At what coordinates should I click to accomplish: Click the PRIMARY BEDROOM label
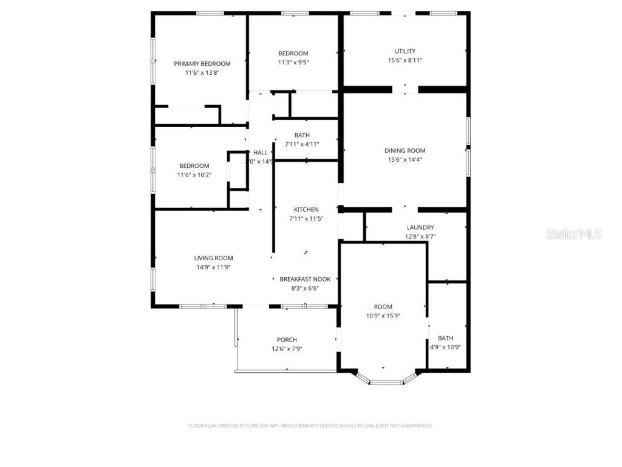click(x=202, y=64)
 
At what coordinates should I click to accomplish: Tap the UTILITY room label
click(x=405, y=51)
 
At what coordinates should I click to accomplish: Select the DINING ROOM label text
click(x=405, y=150)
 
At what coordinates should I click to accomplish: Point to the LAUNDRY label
click(x=420, y=227)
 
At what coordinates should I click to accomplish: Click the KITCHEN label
click(x=306, y=210)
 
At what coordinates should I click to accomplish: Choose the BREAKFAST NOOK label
click(x=305, y=279)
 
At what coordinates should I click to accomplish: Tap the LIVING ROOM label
click(x=213, y=258)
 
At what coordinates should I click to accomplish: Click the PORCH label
click(x=287, y=340)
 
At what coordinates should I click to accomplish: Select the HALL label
click(x=261, y=153)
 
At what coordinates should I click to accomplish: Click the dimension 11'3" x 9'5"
click(x=293, y=62)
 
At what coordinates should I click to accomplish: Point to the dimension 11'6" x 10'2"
click(x=194, y=175)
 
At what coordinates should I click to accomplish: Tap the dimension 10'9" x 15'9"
click(x=383, y=316)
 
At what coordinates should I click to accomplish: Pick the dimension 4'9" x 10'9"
click(x=445, y=347)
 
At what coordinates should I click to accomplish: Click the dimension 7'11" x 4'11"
click(x=302, y=144)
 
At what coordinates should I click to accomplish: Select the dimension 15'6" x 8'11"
click(x=405, y=60)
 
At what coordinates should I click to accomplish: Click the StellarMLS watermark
click(x=573, y=233)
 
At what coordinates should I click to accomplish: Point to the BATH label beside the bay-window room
click(x=445, y=338)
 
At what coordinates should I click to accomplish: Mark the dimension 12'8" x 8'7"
click(x=420, y=237)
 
